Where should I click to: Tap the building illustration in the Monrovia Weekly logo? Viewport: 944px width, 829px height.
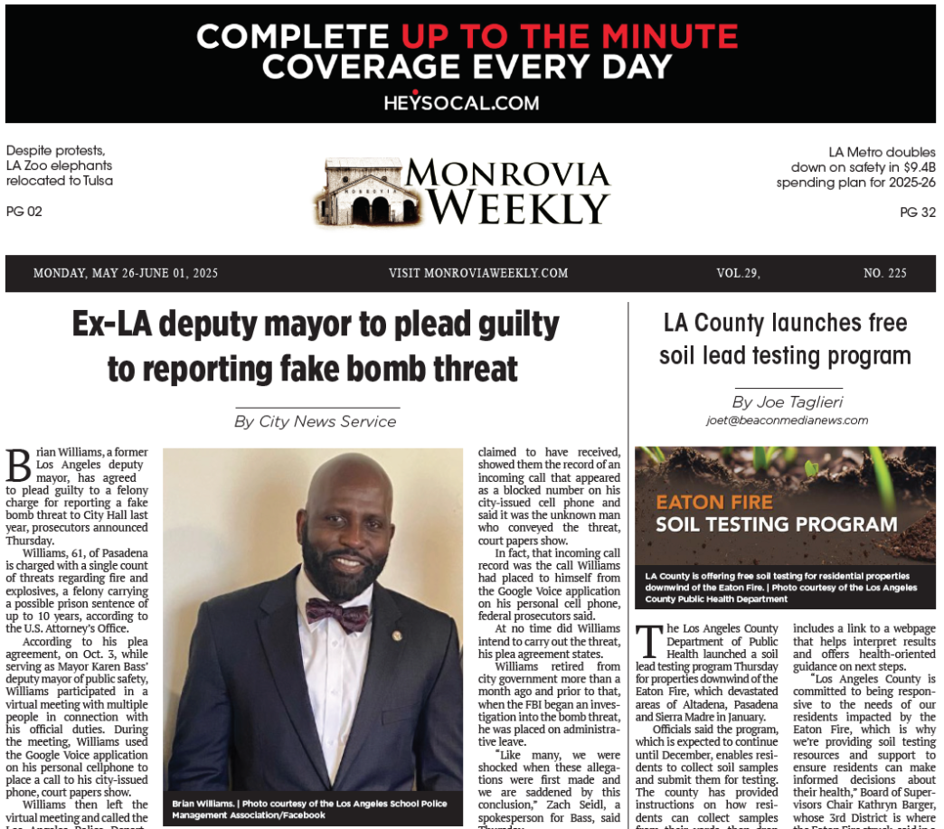click(x=362, y=193)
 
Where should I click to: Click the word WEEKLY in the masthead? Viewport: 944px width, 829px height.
click(x=518, y=208)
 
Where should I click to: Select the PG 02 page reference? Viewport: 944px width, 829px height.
click(x=24, y=212)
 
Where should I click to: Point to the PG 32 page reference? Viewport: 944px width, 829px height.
click(x=918, y=212)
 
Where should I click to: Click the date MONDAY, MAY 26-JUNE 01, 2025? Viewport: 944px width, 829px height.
click(x=126, y=273)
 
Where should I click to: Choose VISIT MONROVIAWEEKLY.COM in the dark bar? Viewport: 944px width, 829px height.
click(x=478, y=273)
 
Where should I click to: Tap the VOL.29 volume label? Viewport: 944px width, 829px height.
click(x=738, y=273)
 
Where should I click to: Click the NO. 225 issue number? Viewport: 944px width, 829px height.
click(x=885, y=273)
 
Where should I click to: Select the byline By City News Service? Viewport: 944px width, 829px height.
click(x=315, y=421)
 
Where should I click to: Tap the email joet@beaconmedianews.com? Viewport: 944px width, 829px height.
click(x=787, y=420)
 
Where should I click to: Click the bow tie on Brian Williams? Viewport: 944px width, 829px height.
click(x=337, y=614)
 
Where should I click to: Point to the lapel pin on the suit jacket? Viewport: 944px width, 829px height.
click(x=397, y=636)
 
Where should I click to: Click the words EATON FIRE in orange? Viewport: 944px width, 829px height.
click(x=714, y=503)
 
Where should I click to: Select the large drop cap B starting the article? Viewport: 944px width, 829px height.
click(x=18, y=466)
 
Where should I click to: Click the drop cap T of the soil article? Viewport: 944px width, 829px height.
click(x=647, y=641)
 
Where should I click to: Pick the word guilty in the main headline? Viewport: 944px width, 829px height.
click(x=506, y=324)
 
